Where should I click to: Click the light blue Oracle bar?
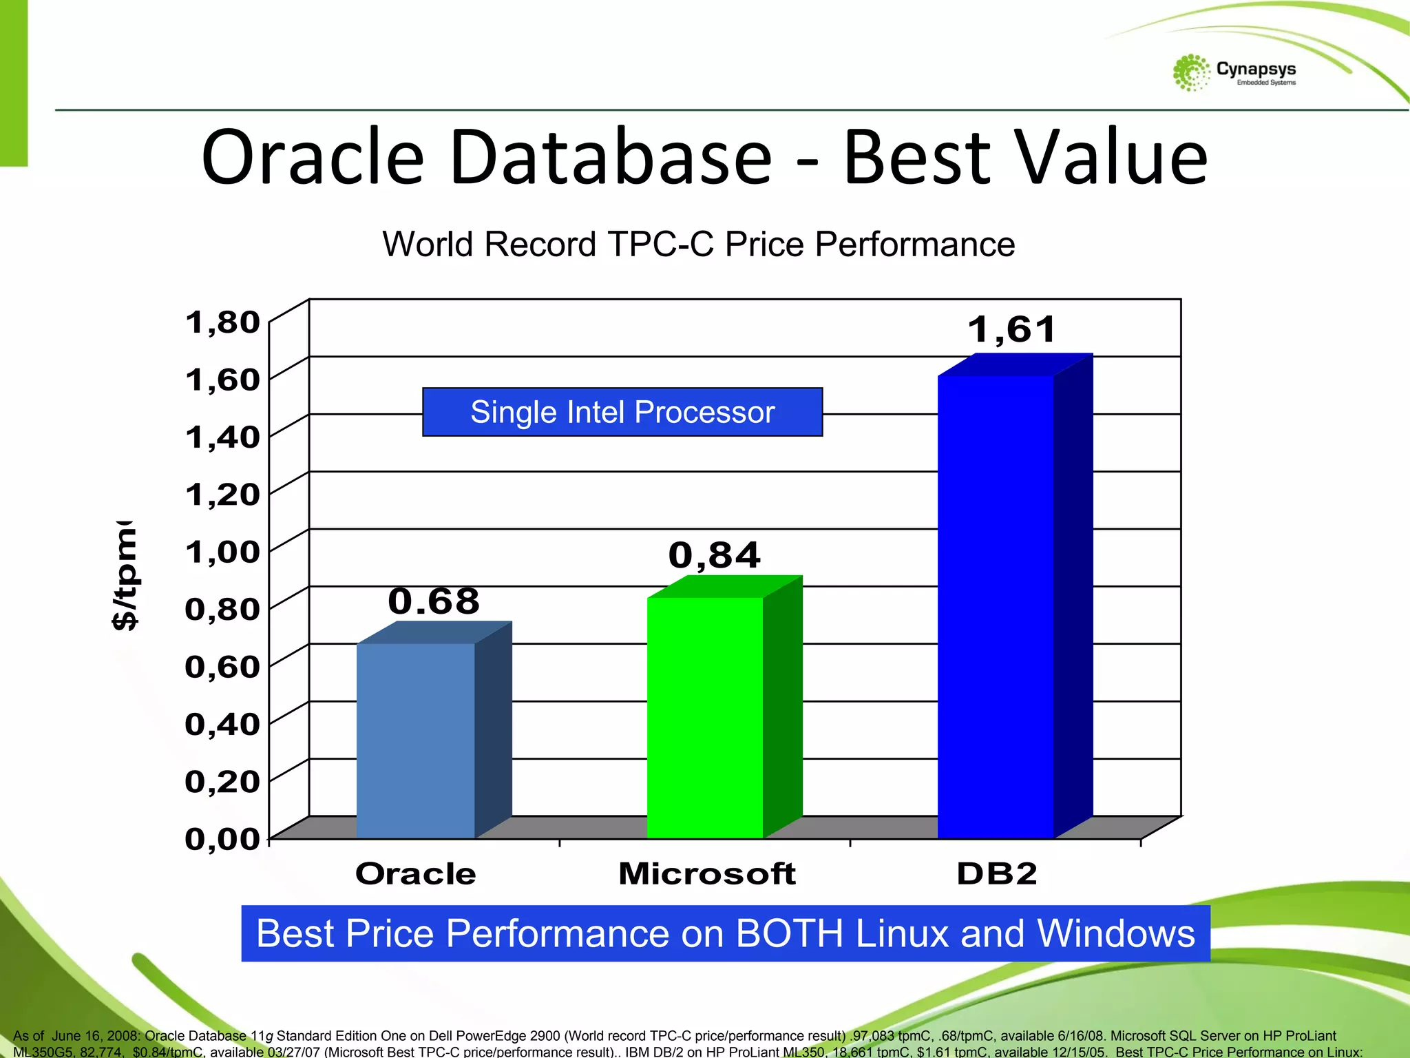coord(416,740)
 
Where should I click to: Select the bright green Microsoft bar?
coord(705,716)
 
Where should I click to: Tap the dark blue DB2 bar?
coord(996,606)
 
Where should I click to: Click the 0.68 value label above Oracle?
coord(434,601)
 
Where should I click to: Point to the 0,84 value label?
coord(715,555)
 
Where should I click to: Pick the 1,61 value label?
coord(1012,329)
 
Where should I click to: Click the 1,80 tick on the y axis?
coord(222,322)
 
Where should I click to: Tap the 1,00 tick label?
coord(222,552)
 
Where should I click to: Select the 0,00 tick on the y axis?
coord(222,838)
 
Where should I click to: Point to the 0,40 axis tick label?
coord(222,724)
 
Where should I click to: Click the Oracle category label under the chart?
coord(416,873)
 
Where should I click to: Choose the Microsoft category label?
coord(707,873)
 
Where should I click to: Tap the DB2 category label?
coord(997,873)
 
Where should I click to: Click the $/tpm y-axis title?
coord(125,575)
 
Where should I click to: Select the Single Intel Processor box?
coord(622,412)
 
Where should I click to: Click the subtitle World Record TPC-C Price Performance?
coord(698,244)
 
